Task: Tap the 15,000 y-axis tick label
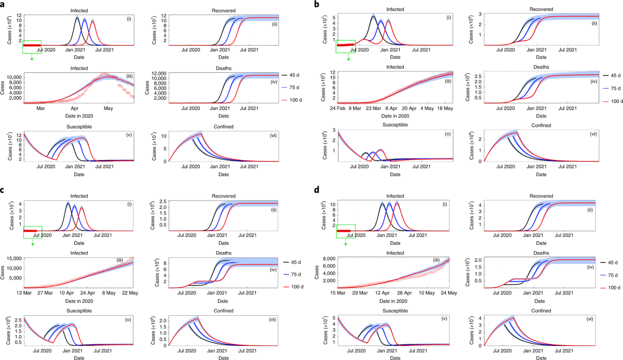[14, 259]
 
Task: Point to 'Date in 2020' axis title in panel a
[77, 115]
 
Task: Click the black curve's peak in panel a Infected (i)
[77, 18]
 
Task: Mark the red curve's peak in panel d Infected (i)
[398, 203]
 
